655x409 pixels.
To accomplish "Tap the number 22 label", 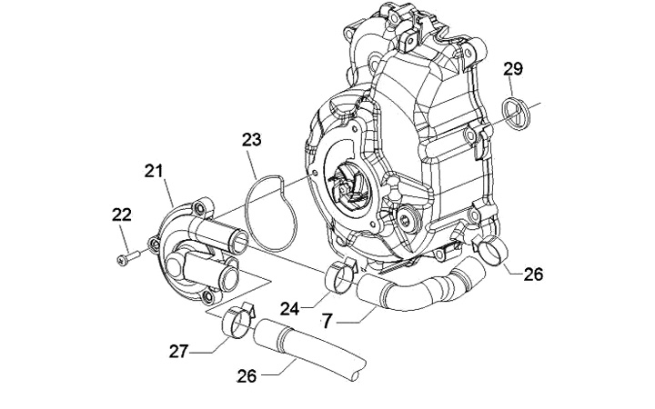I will pyautogui.click(x=121, y=214).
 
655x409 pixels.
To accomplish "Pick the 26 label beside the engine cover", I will pyautogui.click(x=533, y=272).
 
